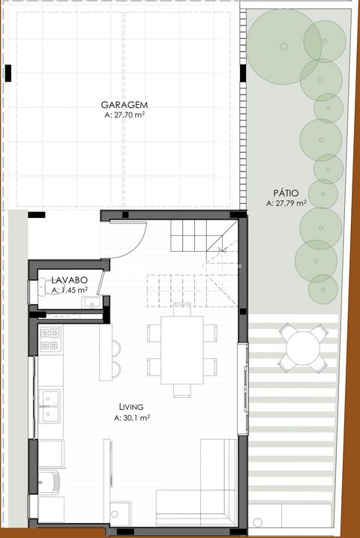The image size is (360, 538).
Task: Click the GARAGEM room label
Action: pos(124,105)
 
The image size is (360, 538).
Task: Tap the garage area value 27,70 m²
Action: pos(129,115)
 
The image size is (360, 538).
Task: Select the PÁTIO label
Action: pos(286,193)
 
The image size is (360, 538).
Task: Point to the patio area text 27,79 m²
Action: pos(291,203)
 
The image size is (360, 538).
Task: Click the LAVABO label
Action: pos(70,280)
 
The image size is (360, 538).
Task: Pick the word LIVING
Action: pos(131,408)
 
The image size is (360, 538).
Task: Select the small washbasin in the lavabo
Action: pos(91,303)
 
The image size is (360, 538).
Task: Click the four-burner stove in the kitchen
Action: pos(50,339)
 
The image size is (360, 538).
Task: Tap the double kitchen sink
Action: pos(49,406)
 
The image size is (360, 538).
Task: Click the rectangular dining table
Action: pos(182,351)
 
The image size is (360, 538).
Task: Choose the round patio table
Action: pos(303,348)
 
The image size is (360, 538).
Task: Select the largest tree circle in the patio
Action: pos(284,46)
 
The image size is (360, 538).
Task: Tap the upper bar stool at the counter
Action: pos(116,347)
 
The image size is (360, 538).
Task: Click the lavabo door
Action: pos(100,282)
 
